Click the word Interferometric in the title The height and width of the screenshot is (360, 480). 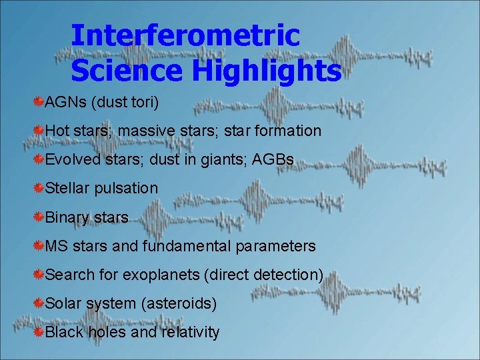[x=185, y=35]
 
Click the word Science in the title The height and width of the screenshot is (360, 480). [x=119, y=70]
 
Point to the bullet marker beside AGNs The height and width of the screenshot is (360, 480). [x=39, y=102]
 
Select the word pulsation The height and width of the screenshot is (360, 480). [x=126, y=188]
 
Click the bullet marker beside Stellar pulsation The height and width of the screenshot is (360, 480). [x=39, y=188]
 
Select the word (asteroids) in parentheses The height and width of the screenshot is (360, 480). [x=179, y=303]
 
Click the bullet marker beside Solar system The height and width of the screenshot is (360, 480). [x=39, y=303]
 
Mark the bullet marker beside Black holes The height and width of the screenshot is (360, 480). [x=39, y=332]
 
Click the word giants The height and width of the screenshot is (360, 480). [x=221, y=159]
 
